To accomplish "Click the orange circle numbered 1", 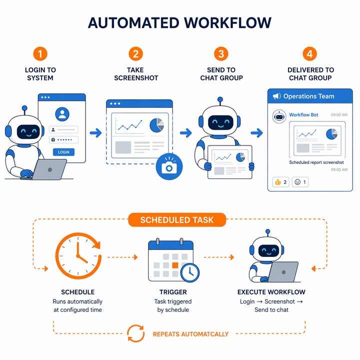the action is click(40, 54).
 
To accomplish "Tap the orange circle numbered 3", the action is click(221, 54).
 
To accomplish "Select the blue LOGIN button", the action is click(63, 152).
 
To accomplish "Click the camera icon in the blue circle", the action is click(169, 166).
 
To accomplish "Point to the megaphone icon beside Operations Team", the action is click(276, 96).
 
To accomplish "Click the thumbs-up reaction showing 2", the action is click(280, 182).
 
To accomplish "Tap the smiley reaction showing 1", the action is click(300, 182).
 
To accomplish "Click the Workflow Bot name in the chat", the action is click(303, 115).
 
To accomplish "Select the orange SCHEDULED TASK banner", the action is click(177, 219).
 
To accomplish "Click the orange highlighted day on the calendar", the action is click(175, 265).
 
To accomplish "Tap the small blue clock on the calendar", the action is click(190, 272).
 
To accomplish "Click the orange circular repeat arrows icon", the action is click(136, 333).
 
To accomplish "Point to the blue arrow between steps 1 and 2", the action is click(95, 132).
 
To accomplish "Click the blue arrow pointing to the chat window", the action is click(256, 132).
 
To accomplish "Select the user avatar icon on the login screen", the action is click(62, 114).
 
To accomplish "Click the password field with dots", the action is click(63, 139).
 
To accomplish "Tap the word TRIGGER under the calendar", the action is click(173, 292).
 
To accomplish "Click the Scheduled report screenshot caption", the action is click(316, 162).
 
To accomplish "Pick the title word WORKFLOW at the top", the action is click(227, 22).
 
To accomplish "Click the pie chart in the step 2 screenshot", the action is click(157, 125).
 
